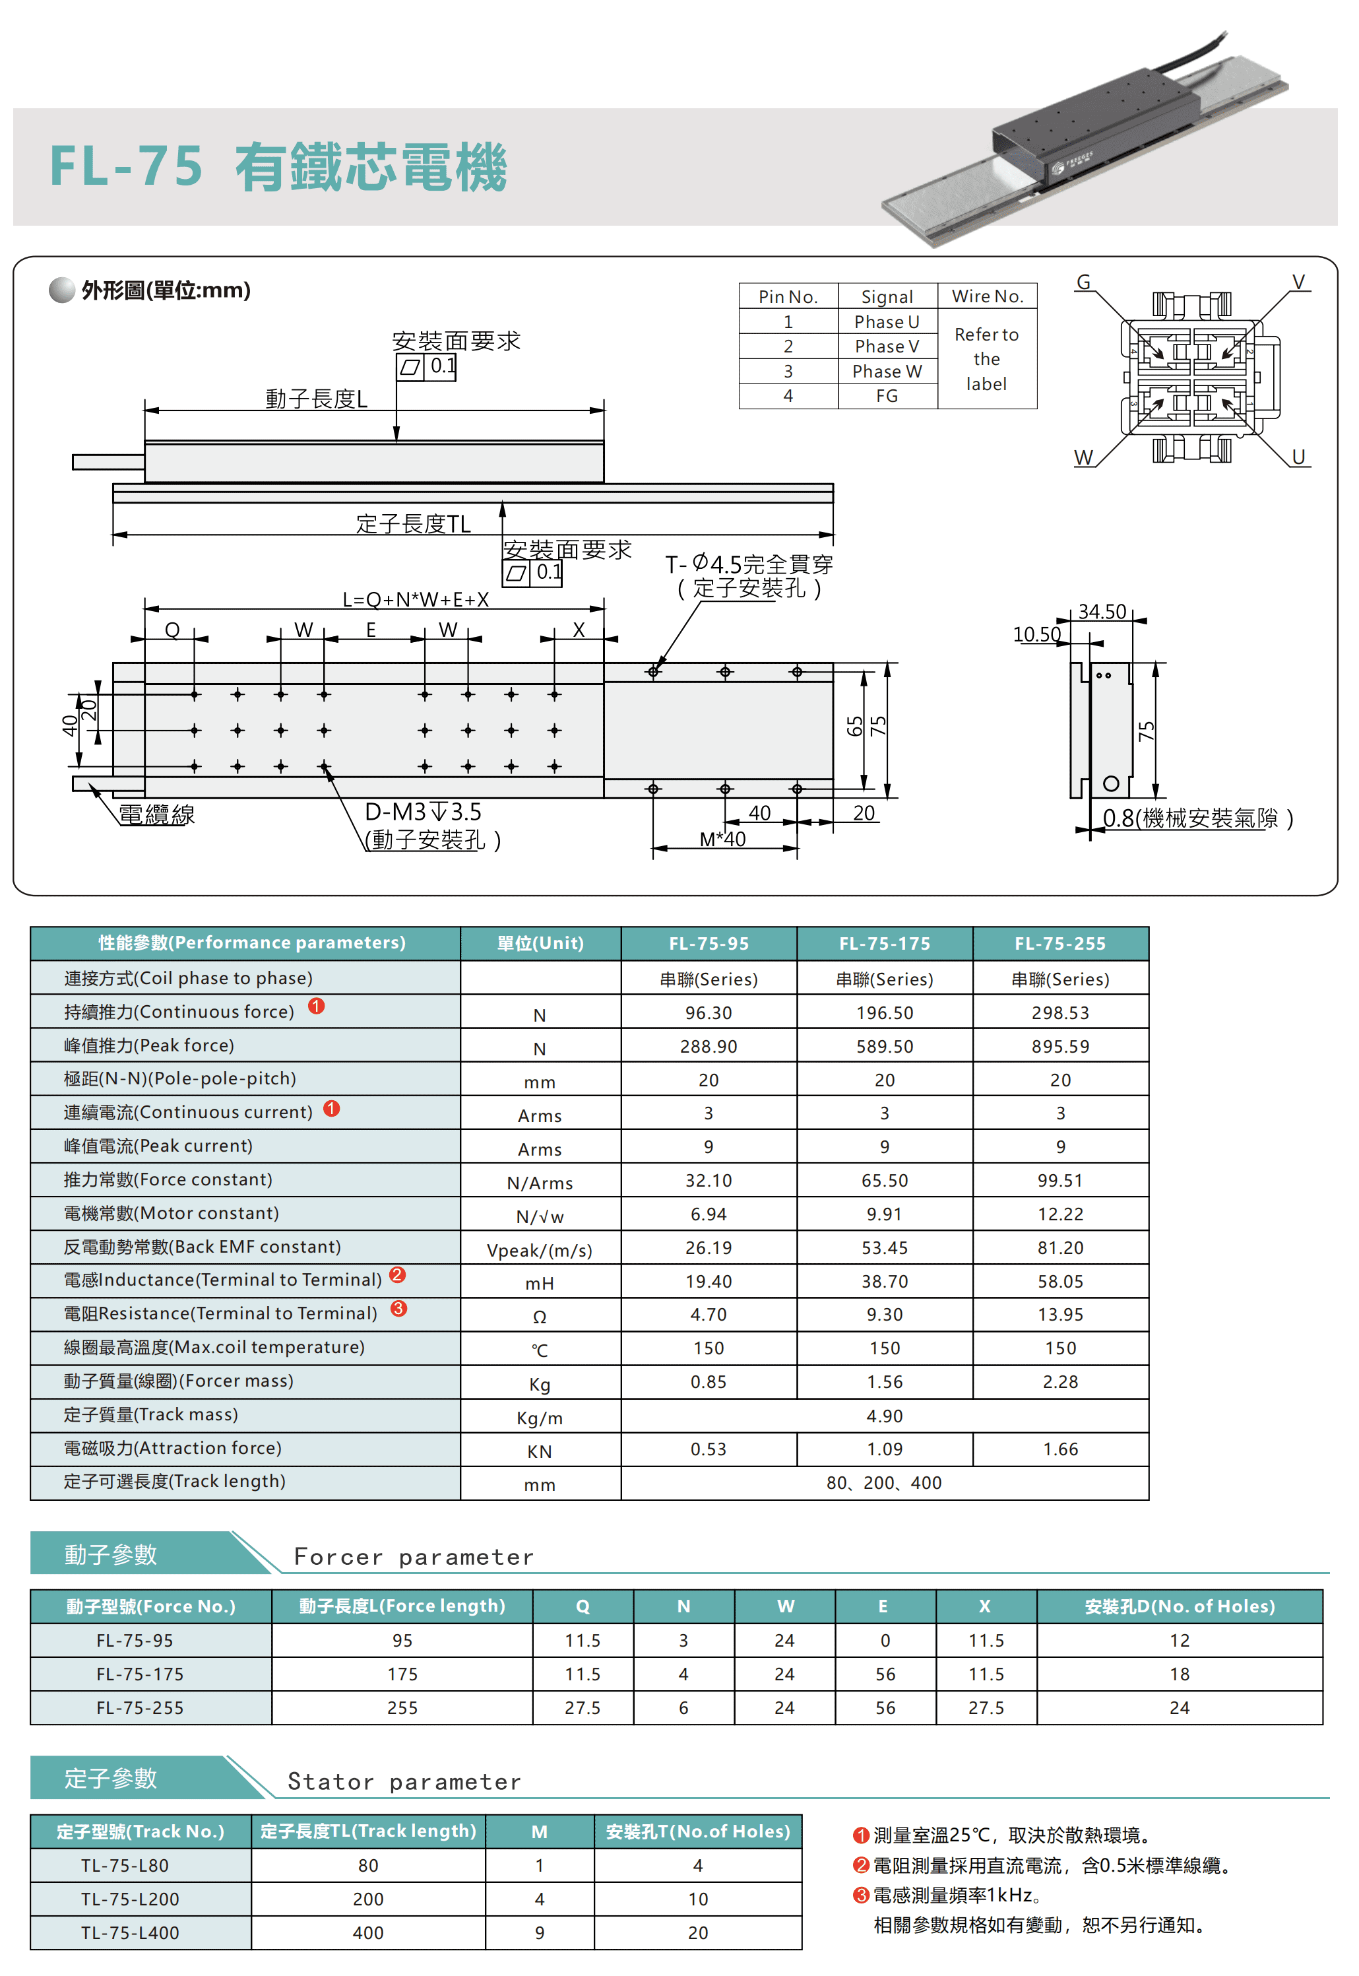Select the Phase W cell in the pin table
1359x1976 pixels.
887,372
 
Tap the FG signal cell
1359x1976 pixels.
887,396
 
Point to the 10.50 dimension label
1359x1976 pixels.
1036,634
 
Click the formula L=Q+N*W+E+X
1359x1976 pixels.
416,600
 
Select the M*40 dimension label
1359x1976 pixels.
722,840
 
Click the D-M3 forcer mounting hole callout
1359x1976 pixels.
423,812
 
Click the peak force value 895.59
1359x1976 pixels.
1060,1046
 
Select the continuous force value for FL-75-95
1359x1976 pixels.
709,1012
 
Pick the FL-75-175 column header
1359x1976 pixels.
885,944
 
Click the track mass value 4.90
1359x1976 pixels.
885,1416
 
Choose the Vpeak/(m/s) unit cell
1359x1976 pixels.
539,1250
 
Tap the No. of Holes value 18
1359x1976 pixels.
1180,1674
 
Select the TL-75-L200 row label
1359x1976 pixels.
130,1899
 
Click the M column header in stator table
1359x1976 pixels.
539,1831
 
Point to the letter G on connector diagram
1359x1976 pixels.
1083,282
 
